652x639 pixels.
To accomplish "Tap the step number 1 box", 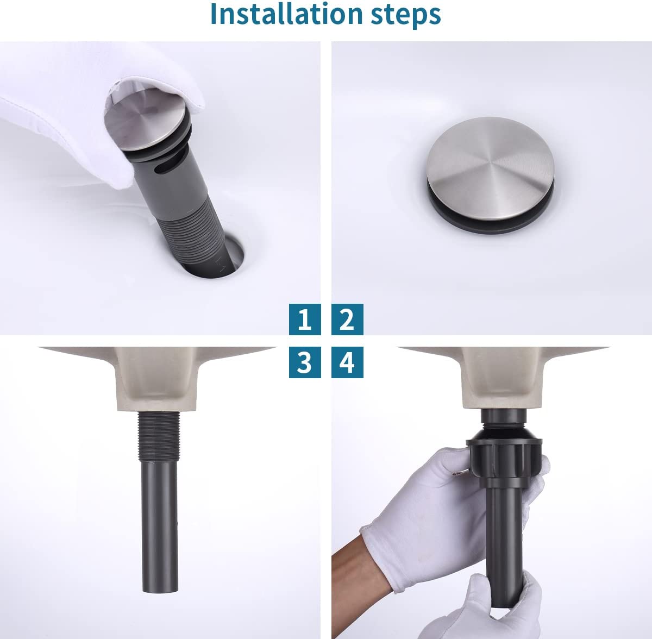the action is click(x=305, y=319).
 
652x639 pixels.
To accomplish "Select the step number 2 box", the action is click(x=347, y=319).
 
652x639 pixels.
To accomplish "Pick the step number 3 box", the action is click(x=305, y=362).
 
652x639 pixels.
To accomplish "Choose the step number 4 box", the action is click(x=347, y=362).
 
